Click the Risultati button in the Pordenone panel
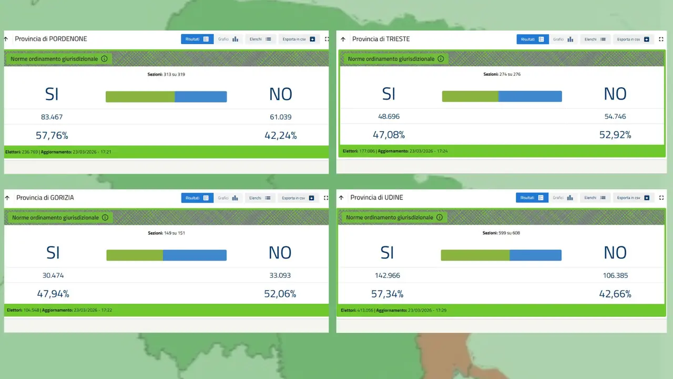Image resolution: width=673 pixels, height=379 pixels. (x=197, y=39)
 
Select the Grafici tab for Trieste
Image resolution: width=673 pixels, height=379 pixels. (x=563, y=39)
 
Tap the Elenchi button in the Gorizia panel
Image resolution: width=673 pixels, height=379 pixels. (x=260, y=198)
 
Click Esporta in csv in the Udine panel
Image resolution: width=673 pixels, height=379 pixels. (x=633, y=198)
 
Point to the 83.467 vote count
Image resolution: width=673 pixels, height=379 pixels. (x=52, y=117)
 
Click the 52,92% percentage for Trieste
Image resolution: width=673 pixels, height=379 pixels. (x=615, y=135)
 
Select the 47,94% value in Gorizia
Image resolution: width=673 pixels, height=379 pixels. (x=53, y=294)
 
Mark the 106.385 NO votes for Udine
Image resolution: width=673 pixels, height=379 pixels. (x=615, y=275)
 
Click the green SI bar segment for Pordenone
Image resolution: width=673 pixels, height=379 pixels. (x=140, y=97)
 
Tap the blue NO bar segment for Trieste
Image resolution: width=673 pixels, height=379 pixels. (x=530, y=96)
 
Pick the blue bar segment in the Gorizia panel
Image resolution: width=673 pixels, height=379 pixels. (x=195, y=255)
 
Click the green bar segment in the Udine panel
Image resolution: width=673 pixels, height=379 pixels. (x=475, y=255)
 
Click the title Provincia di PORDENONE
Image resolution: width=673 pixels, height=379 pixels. (x=51, y=39)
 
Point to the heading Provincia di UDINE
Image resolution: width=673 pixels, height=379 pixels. (x=376, y=197)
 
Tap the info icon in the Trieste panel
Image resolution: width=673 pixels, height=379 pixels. (x=441, y=59)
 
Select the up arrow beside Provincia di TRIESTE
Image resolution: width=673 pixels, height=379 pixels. (x=343, y=39)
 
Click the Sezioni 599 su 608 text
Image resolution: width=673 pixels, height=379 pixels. (x=501, y=233)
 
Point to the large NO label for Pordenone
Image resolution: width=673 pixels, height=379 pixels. (x=280, y=94)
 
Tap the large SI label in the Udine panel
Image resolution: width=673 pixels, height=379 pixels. (x=387, y=253)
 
